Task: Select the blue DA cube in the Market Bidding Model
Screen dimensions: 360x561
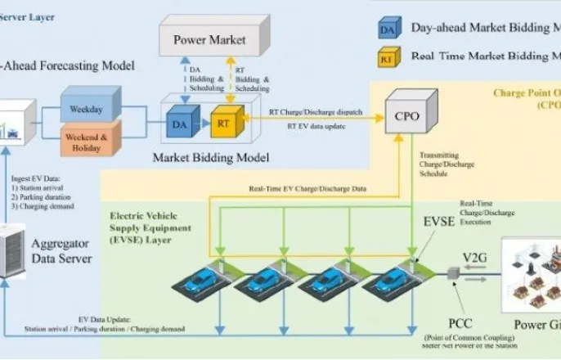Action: point(178,124)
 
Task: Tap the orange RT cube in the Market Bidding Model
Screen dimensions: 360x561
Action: point(222,124)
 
